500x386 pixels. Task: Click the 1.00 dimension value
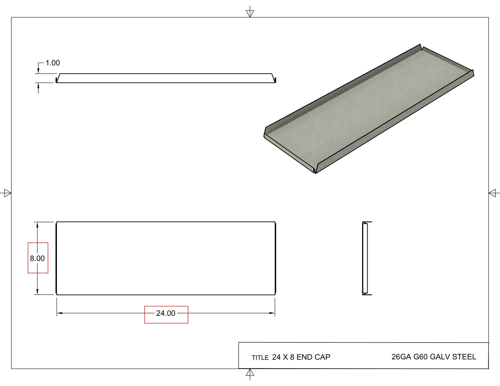coord(52,63)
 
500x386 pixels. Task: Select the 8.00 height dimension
coord(38,258)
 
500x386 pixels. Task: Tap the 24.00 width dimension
coord(166,313)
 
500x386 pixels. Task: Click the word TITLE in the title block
coord(260,358)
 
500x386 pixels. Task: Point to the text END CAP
coord(313,357)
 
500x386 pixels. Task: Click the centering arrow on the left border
coord(7,193)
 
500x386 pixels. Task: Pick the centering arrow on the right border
coord(493,193)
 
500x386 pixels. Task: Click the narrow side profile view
coord(365,258)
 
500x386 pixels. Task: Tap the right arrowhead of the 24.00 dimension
coord(272,313)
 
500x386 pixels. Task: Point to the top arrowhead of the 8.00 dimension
coord(38,225)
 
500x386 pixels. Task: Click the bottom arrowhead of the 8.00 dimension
coord(38,292)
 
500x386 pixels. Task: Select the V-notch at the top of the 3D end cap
coord(421,47)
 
